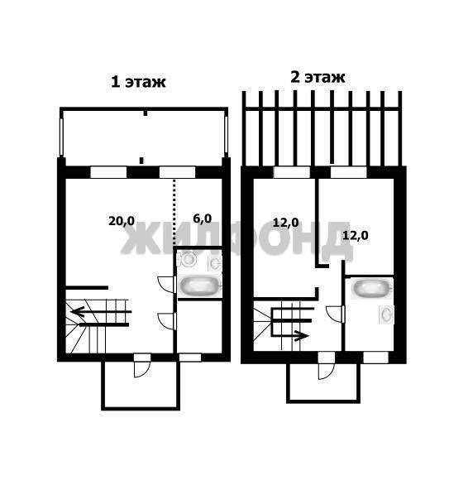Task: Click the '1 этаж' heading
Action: click(138, 82)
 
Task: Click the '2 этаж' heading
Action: click(318, 77)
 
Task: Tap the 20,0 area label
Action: click(122, 221)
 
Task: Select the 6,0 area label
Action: click(203, 218)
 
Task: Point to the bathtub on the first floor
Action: click(199, 286)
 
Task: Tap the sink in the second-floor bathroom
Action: click(386, 315)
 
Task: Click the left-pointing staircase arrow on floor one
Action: click(102, 311)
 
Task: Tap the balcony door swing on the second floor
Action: click(327, 371)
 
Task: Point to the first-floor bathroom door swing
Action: click(165, 284)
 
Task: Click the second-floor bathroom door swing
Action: click(335, 314)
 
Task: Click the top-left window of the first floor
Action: click(108, 172)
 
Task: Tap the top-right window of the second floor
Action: click(348, 172)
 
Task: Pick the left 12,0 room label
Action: click(286, 223)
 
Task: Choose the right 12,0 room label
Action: click(356, 236)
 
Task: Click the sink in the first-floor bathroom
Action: click(215, 263)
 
